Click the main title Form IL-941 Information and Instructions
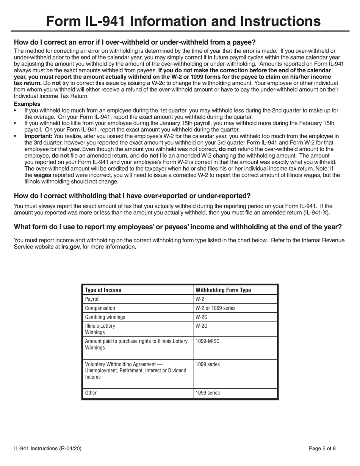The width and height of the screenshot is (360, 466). pyautogui.click(x=180, y=21)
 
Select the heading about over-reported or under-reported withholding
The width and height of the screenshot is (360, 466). pyautogui.click(x=132, y=196)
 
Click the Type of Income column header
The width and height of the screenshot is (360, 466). pyautogui.click(x=103, y=290)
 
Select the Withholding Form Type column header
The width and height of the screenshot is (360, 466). pyautogui.click(x=223, y=290)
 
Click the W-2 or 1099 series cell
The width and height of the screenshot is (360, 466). pyautogui.click(x=215, y=308)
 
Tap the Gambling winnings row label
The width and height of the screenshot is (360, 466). pyautogui.click(x=105, y=317)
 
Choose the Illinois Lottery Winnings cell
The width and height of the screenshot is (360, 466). pyautogui.click(x=100, y=329)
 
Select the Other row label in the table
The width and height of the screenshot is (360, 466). pyautogui.click(x=91, y=393)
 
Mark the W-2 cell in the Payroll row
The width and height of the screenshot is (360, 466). pyautogui.click(x=200, y=299)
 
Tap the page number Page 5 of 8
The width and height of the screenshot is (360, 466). pyautogui.click(x=322, y=449)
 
